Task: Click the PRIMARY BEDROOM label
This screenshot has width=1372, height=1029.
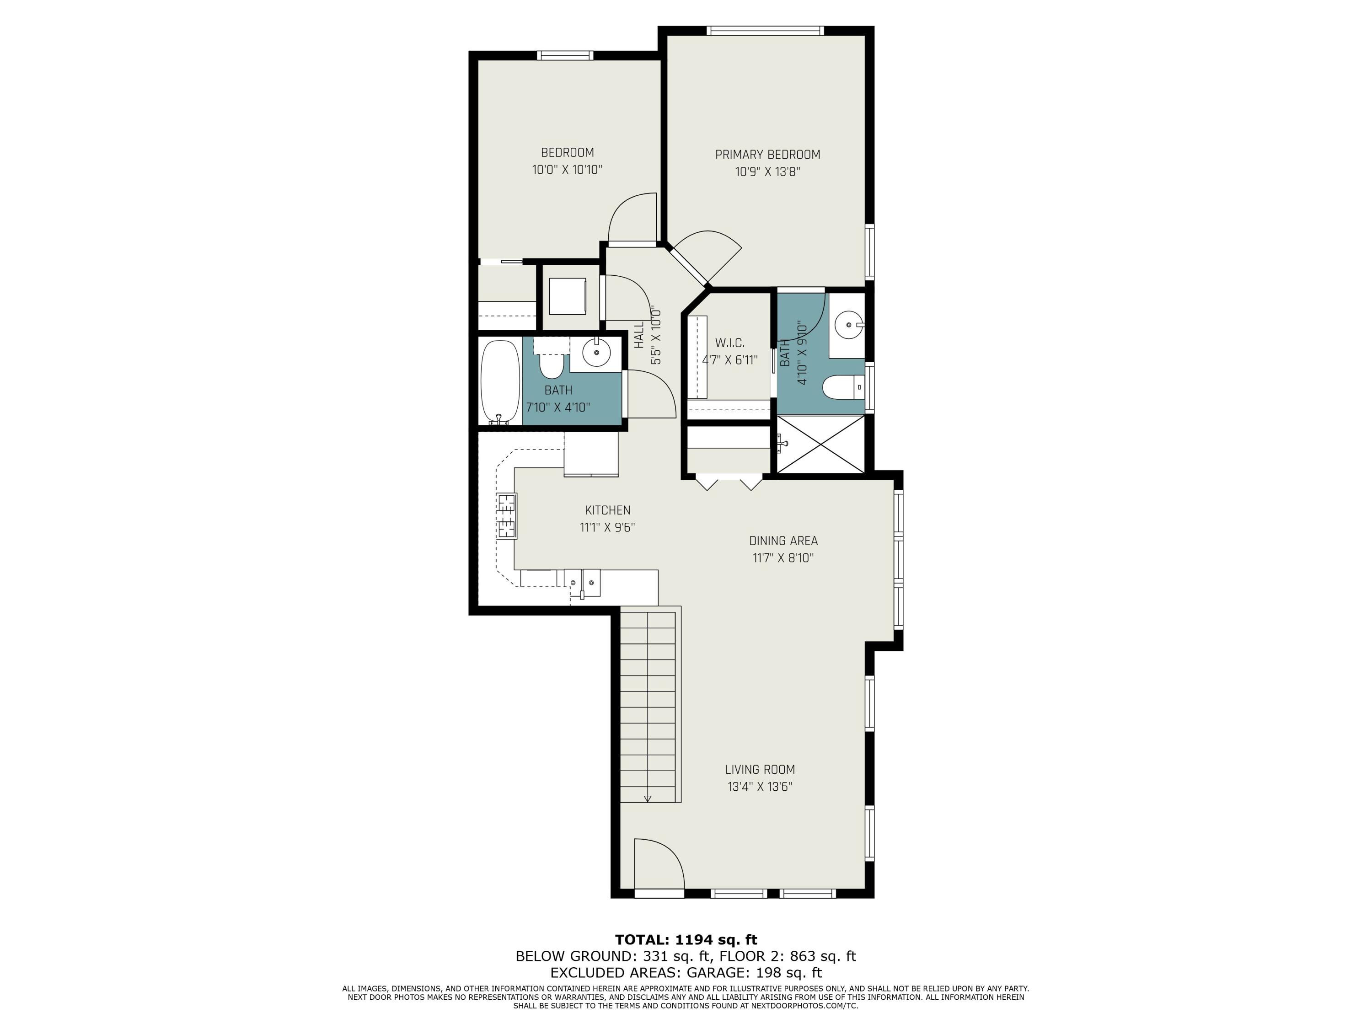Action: tap(767, 155)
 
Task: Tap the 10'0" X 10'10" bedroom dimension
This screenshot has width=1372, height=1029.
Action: tap(567, 169)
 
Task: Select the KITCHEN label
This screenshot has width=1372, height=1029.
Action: tap(607, 510)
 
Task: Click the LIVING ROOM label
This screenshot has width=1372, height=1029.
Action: tap(760, 769)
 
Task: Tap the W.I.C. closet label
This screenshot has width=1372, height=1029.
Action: tap(729, 343)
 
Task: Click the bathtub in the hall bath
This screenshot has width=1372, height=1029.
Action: tap(500, 381)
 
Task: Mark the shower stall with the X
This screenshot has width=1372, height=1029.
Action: tap(820, 444)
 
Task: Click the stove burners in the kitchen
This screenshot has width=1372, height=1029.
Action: tap(506, 515)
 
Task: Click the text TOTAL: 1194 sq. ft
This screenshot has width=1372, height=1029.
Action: tap(686, 940)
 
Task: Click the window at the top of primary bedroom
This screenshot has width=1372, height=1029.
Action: tap(765, 30)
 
